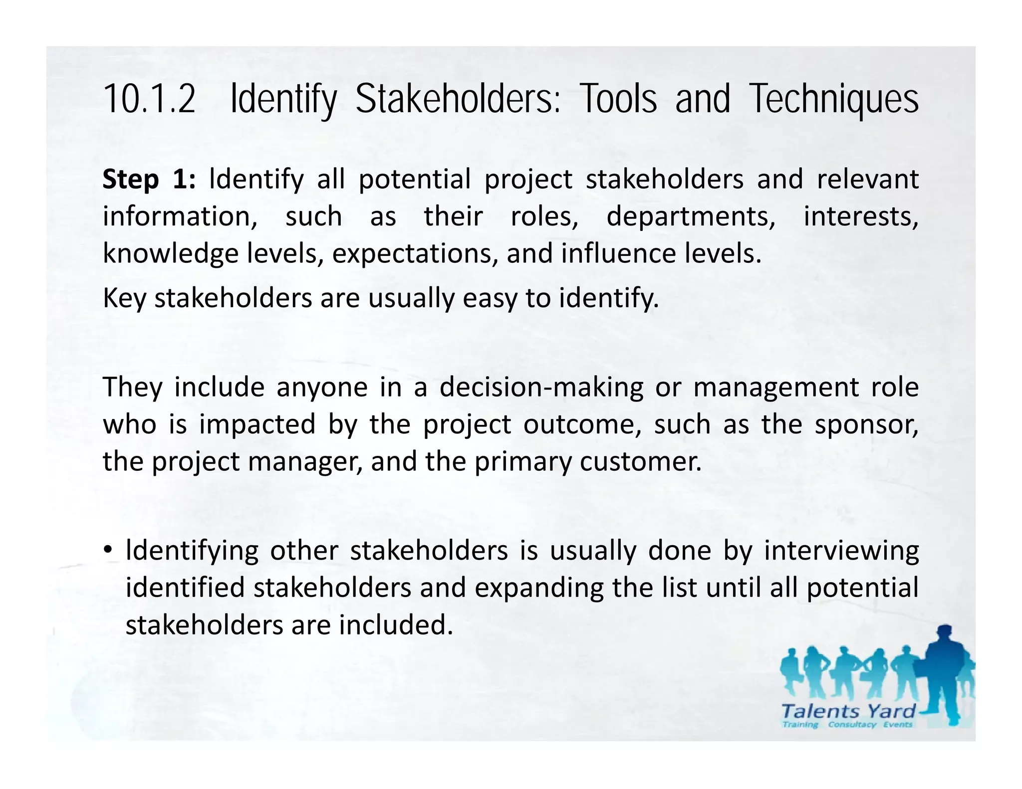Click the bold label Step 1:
click(x=149, y=180)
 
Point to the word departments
click(x=691, y=217)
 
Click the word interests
click(x=860, y=217)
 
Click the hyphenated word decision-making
click(x=541, y=388)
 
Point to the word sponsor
click(x=866, y=424)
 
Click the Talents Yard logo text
click(x=848, y=711)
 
